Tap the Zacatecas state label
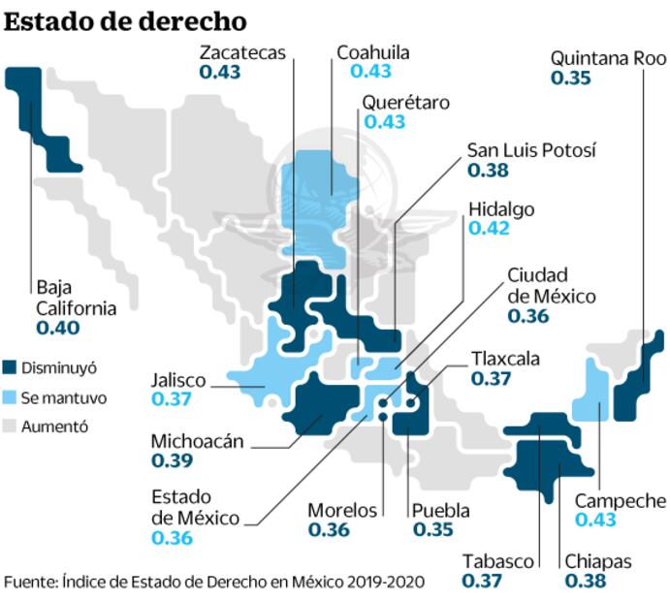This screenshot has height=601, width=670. click(x=243, y=52)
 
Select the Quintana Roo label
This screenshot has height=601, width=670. click(x=609, y=58)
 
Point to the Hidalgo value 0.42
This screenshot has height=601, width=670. click(x=488, y=230)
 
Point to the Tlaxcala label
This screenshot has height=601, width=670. click(x=506, y=359)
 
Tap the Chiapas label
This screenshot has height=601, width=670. click(x=598, y=562)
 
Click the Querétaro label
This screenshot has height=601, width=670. click(x=406, y=102)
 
